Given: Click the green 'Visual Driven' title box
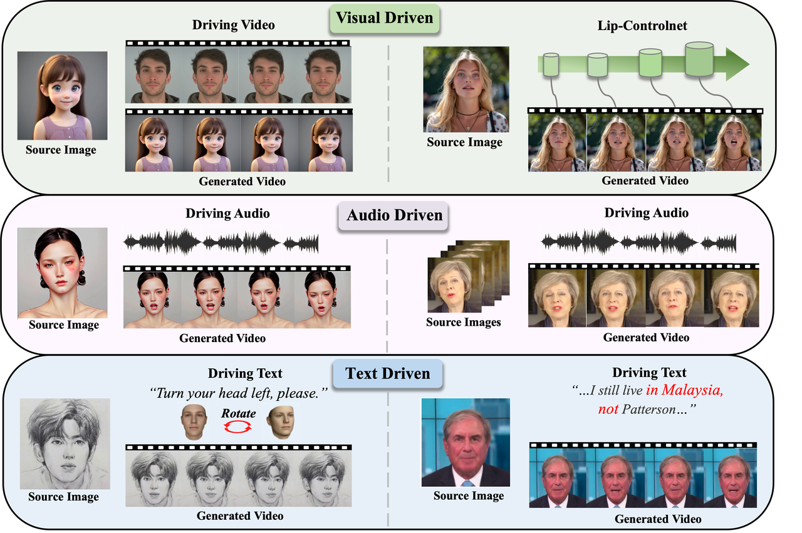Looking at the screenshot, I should tap(384, 18).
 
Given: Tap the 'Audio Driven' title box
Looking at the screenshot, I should tap(395, 215).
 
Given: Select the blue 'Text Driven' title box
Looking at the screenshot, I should tap(388, 374).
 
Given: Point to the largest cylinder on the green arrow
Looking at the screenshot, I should tap(699, 59).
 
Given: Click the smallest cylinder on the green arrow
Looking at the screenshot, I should tap(550, 65).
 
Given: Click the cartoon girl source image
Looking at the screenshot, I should tap(62, 95).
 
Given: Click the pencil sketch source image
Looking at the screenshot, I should tap(65, 443).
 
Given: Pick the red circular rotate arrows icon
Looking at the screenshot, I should tap(239, 427).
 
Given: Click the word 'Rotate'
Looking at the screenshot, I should tap(238, 413).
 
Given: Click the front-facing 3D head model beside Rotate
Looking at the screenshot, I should tap(192, 421).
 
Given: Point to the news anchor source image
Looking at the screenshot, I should tap(466, 442).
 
